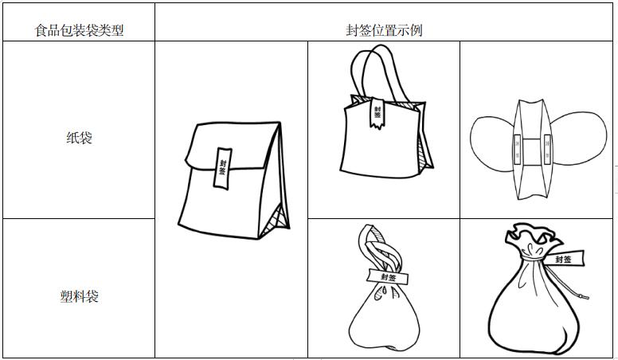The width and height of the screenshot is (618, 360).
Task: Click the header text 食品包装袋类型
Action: click(79, 30)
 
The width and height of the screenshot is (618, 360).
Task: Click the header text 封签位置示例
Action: click(385, 30)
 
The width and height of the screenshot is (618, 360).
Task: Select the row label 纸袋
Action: click(79, 138)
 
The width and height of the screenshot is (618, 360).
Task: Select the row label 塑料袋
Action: click(79, 296)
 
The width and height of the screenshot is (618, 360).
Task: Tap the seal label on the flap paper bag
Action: click(222, 168)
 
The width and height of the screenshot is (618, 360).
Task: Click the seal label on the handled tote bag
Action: click(377, 113)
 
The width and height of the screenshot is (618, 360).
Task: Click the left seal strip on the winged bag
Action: click(518, 150)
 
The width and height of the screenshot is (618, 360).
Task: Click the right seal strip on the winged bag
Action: click(547, 150)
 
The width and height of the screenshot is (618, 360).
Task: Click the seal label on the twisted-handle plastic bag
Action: click(388, 276)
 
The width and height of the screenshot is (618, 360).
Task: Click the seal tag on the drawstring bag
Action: click(563, 258)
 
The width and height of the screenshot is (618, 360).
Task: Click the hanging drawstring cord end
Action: click(584, 295)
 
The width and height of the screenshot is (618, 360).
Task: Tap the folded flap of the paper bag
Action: click(233, 146)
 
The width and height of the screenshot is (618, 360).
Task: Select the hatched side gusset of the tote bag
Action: click(424, 154)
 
